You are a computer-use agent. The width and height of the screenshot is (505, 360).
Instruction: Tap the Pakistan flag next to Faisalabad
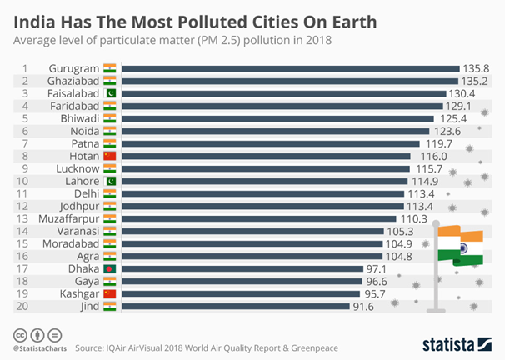[108, 95]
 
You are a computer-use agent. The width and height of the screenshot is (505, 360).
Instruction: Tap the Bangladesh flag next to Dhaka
[108, 268]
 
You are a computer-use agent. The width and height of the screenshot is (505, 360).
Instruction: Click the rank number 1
[26, 68]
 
